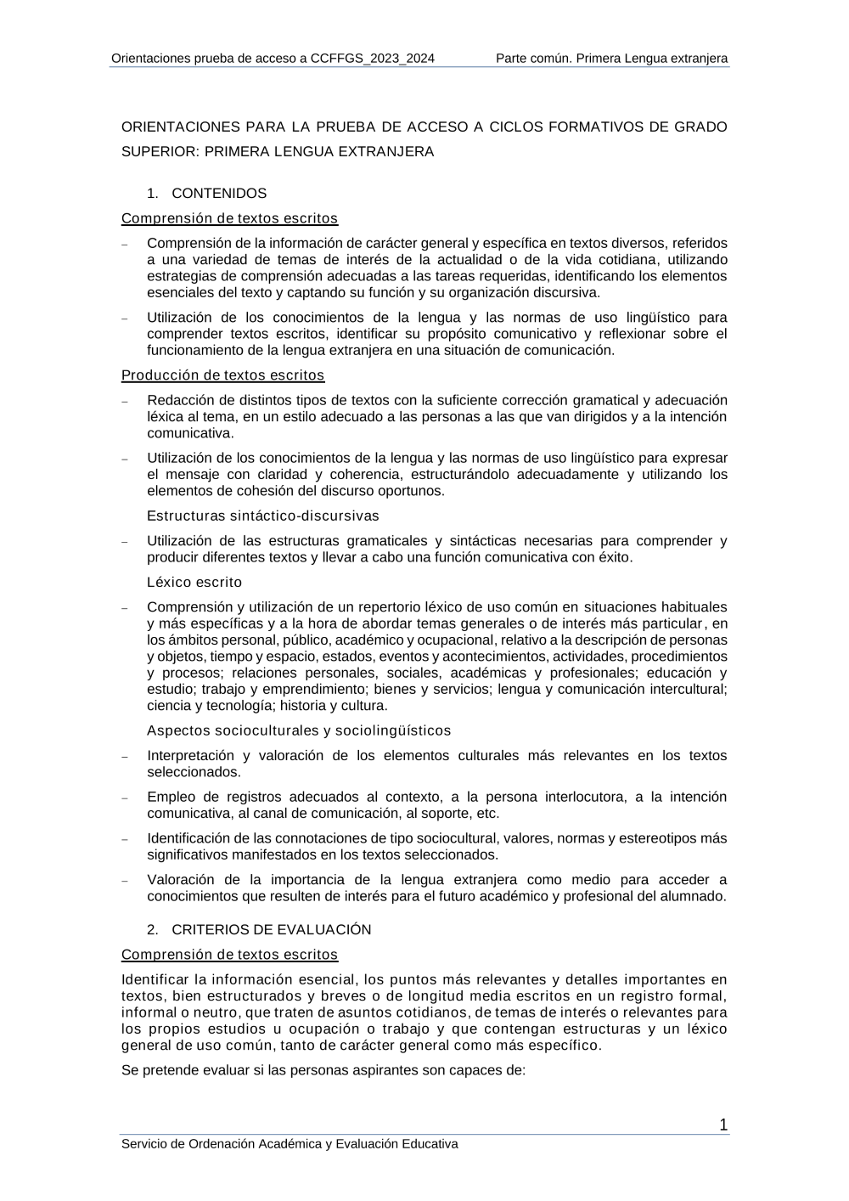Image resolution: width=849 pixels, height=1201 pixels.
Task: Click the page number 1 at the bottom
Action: pyautogui.click(x=723, y=1125)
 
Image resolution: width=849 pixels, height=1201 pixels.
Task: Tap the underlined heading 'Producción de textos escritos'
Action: pyautogui.click(x=222, y=375)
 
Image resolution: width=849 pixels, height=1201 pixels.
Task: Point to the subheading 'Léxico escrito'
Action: pyautogui.click(x=194, y=583)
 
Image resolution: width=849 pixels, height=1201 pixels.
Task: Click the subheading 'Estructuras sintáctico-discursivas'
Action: pyautogui.click(x=262, y=516)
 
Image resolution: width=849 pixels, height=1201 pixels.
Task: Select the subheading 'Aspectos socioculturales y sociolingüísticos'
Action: pyautogui.click(x=299, y=731)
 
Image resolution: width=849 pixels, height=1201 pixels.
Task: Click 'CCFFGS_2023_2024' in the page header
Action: pyautogui.click(x=373, y=59)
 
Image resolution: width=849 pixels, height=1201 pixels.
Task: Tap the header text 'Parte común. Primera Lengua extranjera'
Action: pyautogui.click(x=611, y=59)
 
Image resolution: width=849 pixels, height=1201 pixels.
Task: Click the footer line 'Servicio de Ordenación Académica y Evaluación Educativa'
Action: pyautogui.click(x=290, y=1144)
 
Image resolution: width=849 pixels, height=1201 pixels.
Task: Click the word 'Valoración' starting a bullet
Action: pyautogui.click(x=179, y=880)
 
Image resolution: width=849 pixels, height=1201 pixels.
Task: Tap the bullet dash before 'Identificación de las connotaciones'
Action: pyautogui.click(x=125, y=839)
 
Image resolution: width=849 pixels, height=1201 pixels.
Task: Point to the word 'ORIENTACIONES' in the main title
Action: pyautogui.click(x=180, y=127)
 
